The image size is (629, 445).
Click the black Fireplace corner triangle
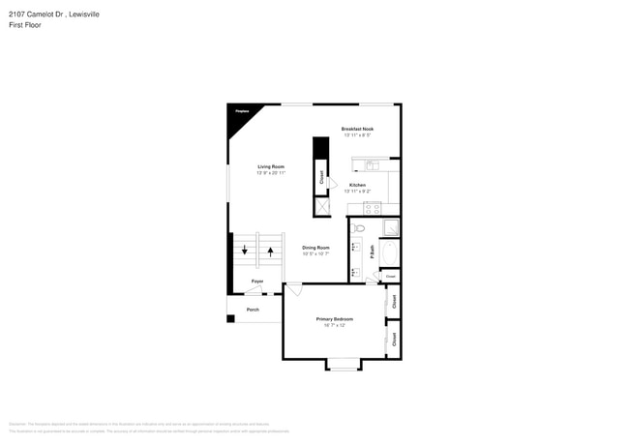(239, 112)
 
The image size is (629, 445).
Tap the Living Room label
(270, 167)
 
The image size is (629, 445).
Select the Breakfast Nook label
(357, 129)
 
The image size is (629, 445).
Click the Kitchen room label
(357, 185)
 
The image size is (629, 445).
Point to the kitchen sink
(372, 164)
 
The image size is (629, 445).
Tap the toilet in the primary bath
(356, 229)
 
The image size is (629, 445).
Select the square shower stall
(388, 228)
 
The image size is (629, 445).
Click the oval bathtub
(388, 253)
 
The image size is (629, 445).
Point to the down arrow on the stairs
(245, 252)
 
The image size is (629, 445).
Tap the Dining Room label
(315, 248)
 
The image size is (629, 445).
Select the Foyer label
(257, 282)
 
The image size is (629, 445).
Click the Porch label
(253, 310)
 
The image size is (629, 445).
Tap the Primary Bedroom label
(335, 318)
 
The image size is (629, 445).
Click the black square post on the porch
(230, 317)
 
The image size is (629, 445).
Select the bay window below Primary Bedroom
(342, 365)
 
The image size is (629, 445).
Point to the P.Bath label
(372, 251)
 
